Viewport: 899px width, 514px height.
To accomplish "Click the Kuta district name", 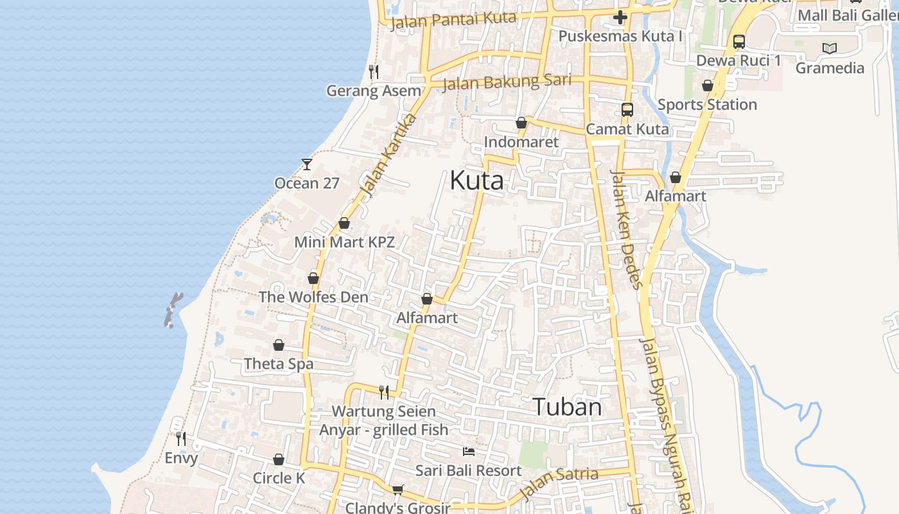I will coord(476,181).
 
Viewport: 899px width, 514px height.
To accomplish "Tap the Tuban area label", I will coord(567,407).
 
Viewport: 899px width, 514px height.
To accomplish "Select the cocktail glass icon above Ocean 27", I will coord(307,164).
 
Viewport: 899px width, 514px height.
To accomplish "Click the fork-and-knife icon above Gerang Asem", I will coord(374,71).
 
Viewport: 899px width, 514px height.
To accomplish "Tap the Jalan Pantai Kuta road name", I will coord(453,20).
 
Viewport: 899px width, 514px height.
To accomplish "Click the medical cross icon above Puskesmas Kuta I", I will coord(620,17).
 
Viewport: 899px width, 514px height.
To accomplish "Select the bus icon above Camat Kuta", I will coord(627,110).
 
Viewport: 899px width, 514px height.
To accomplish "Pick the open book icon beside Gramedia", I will coord(830,48).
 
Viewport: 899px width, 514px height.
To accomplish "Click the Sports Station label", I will coord(707,104).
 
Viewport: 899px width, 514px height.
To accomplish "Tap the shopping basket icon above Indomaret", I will coord(521,123).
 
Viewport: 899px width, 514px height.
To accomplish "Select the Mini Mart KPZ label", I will coord(344,242).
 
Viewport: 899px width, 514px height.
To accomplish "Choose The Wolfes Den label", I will coord(313,297).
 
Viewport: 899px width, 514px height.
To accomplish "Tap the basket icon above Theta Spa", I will coord(279,346).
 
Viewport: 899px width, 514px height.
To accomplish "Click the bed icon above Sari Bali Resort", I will coord(469,452).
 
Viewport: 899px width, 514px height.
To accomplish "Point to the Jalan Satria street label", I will coord(558,483).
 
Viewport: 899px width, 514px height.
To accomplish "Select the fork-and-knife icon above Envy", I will coord(181,439).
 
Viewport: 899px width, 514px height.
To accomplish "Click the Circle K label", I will coord(279,478).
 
